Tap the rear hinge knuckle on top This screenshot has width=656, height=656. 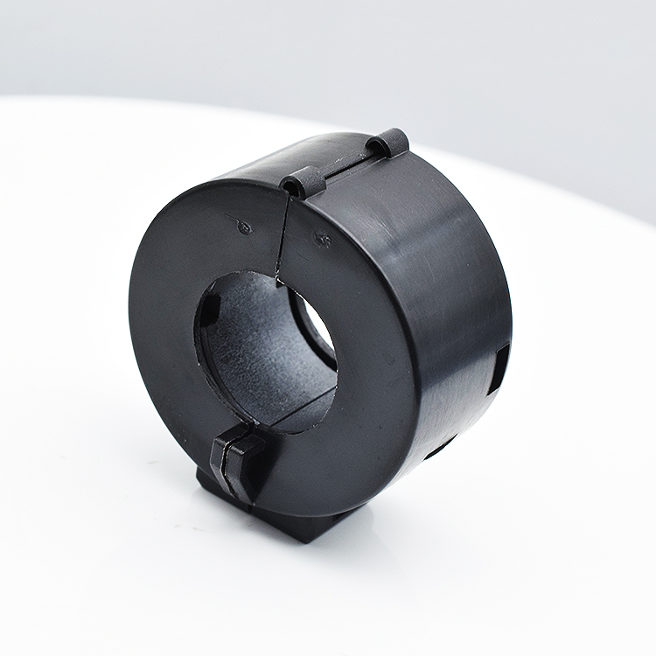(x=388, y=142)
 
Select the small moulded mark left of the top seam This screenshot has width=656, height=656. (x=245, y=226)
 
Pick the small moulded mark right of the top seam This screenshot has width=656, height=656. (x=321, y=237)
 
